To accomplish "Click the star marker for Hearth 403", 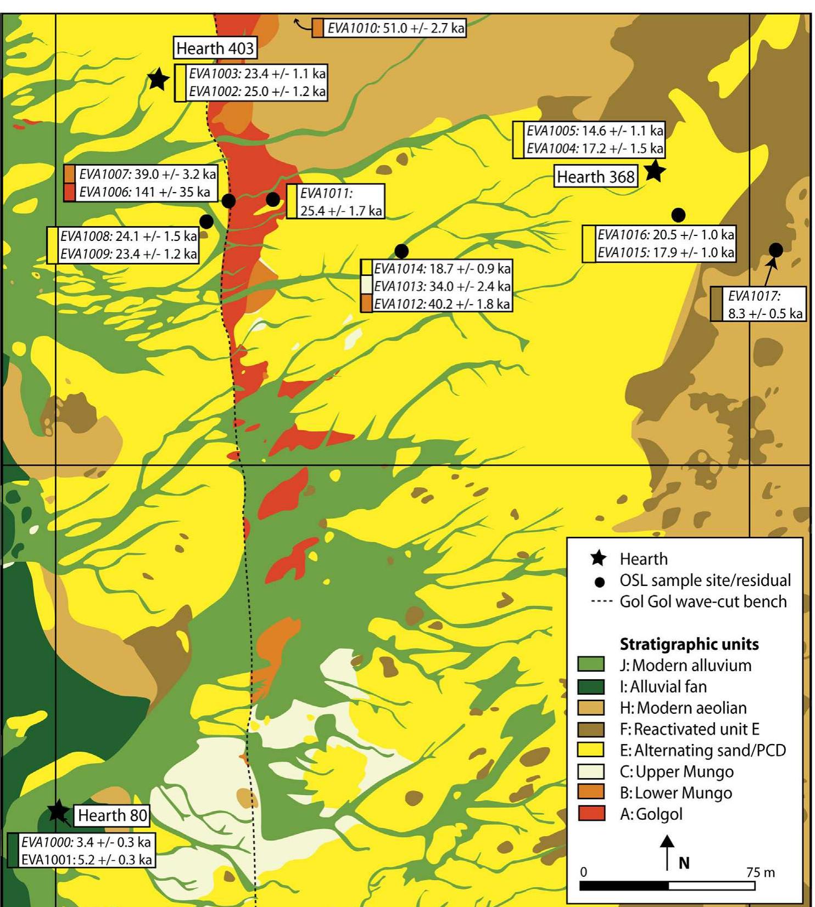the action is [x=158, y=80].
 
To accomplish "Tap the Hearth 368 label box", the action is [x=596, y=177].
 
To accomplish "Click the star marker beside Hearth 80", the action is [x=58, y=811].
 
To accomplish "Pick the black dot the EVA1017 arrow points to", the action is [x=775, y=250].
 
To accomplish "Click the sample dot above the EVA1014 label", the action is [x=401, y=251].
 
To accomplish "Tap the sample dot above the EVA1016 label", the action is [x=678, y=215].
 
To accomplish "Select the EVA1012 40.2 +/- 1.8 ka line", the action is [x=442, y=304].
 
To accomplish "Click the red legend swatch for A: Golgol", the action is [x=591, y=814].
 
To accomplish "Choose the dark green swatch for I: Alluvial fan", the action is [x=591, y=686].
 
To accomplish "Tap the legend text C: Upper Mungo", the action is [x=676, y=771].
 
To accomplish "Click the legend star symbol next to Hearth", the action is [x=598, y=559].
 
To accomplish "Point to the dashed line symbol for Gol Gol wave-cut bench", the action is [x=601, y=602].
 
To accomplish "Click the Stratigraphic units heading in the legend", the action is [x=689, y=644].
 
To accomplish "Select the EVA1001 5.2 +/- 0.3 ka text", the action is [x=86, y=859].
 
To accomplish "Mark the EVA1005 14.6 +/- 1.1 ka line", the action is [x=595, y=131].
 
